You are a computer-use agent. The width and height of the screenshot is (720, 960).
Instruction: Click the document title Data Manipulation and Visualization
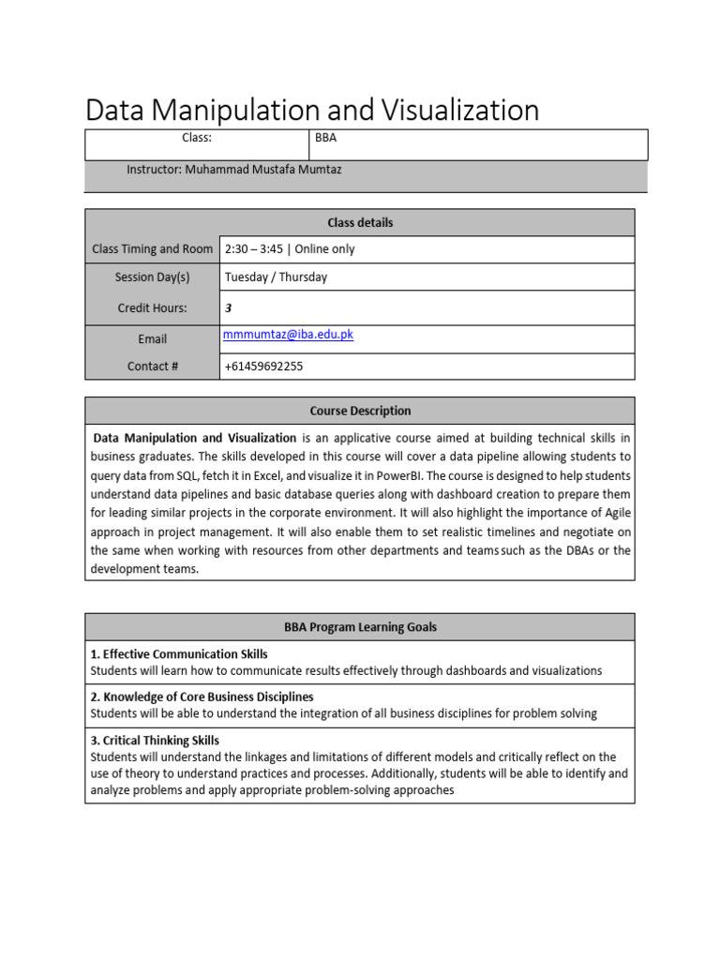click(312, 111)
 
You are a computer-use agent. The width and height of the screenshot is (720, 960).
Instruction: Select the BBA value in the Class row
click(326, 138)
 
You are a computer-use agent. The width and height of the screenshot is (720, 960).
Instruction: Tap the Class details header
click(360, 223)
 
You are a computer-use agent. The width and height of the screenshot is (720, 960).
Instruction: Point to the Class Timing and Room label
click(152, 249)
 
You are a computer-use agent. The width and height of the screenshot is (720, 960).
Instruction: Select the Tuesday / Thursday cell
click(276, 277)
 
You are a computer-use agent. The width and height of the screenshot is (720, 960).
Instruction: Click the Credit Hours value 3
click(228, 307)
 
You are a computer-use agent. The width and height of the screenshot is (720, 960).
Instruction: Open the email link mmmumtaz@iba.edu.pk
click(289, 335)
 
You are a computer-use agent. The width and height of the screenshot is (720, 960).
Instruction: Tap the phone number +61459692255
click(263, 367)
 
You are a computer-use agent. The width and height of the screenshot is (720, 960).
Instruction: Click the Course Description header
click(360, 412)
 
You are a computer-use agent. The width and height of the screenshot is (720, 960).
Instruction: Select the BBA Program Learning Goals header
click(360, 627)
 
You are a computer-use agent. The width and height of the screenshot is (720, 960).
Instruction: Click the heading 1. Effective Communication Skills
click(179, 654)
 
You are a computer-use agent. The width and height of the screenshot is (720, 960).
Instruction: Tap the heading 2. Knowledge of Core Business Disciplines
click(202, 697)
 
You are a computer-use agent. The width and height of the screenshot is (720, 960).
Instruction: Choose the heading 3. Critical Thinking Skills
click(155, 741)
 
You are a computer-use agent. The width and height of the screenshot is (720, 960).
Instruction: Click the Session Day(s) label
click(152, 277)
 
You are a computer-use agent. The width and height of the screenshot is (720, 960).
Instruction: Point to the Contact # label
click(152, 367)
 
